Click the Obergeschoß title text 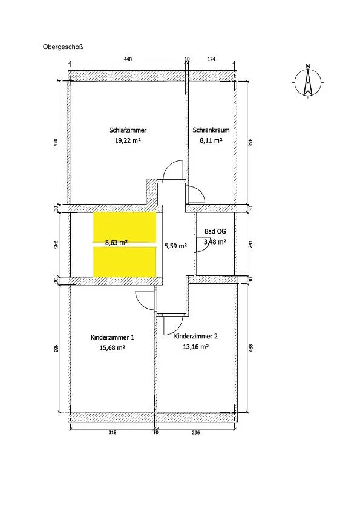click(x=63, y=47)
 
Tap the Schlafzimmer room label click(x=128, y=130)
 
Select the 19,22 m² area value click(x=128, y=140)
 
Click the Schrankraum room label click(x=211, y=130)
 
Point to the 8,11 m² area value click(x=211, y=140)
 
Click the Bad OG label click(x=215, y=231)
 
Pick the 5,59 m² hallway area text click(x=175, y=246)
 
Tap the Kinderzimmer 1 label click(x=113, y=337)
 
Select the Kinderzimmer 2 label click(x=196, y=337)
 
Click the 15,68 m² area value click(x=113, y=347)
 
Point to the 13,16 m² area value click(x=196, y=347)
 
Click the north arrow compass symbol click(x=307, y=81)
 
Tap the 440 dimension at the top click(x=128, y=59)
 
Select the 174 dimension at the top click(x=211, y=59)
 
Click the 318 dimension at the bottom click(x=113, y=432)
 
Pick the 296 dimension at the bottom click(x=196, y=432)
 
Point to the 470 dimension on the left click(x=56, y=143)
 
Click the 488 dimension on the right click(x=250, y=349)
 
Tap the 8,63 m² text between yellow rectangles click(x=116, y=242)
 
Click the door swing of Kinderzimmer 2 click(x=172, y=326)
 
